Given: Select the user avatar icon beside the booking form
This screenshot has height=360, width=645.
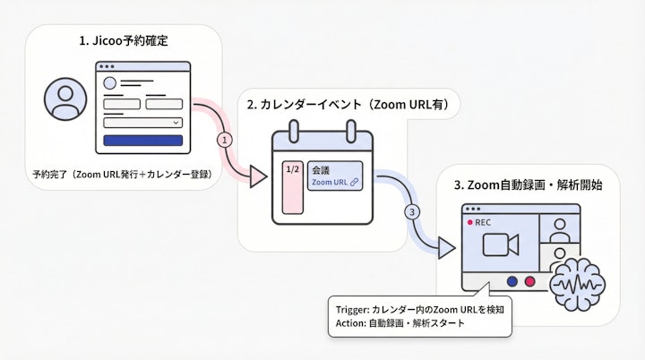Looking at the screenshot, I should point(64,99).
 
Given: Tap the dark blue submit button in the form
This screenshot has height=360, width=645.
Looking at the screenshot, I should point(143,141).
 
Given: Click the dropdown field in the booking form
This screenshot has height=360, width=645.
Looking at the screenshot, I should point(143,122).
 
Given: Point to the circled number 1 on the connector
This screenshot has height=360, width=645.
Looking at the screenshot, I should point(226,140).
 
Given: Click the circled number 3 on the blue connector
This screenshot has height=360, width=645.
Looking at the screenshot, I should point(412,212).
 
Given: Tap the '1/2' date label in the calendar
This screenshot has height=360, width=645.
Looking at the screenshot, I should point(292,168).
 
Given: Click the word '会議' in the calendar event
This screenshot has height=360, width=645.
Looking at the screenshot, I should point(320,168).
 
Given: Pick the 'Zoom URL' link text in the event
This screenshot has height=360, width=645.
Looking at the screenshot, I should point(329,182).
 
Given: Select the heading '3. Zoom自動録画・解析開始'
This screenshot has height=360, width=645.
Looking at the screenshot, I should point(528,185).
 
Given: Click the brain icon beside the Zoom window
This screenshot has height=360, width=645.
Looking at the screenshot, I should point(572,283).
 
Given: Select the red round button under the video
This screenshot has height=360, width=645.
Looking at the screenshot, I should point(529,280).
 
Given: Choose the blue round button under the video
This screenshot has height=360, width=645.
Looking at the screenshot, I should point(512,280).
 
